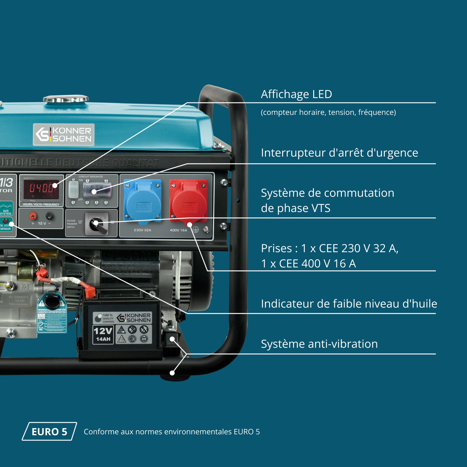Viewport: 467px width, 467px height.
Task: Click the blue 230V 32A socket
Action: (x=143, y=201)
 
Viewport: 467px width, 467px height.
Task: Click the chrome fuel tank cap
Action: (x=66, y=99)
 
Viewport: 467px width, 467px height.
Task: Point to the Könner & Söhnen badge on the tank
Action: (x=64, y=134)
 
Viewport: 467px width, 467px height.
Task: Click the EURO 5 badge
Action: (x=49, y=432)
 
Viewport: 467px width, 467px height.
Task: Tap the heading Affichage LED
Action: (x=296, y=94)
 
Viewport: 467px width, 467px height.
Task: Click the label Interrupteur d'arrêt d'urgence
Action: (x=339, y=153)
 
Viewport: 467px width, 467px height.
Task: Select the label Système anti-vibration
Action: (x=319, y=344)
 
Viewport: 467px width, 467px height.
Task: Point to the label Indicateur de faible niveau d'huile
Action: (x=349, y=304)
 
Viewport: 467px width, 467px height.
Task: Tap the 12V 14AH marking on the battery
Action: (x=103, y=334)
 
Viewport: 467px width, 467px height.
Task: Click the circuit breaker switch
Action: (x=97, y=190)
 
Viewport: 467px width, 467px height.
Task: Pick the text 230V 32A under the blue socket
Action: (x=143, y=230)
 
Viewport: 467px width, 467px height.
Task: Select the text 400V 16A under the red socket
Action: (x=178, y=230)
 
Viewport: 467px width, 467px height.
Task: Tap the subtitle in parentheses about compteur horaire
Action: (x=328, y=112)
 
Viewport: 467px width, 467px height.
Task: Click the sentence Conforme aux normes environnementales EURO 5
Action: (x=172, y=432)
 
